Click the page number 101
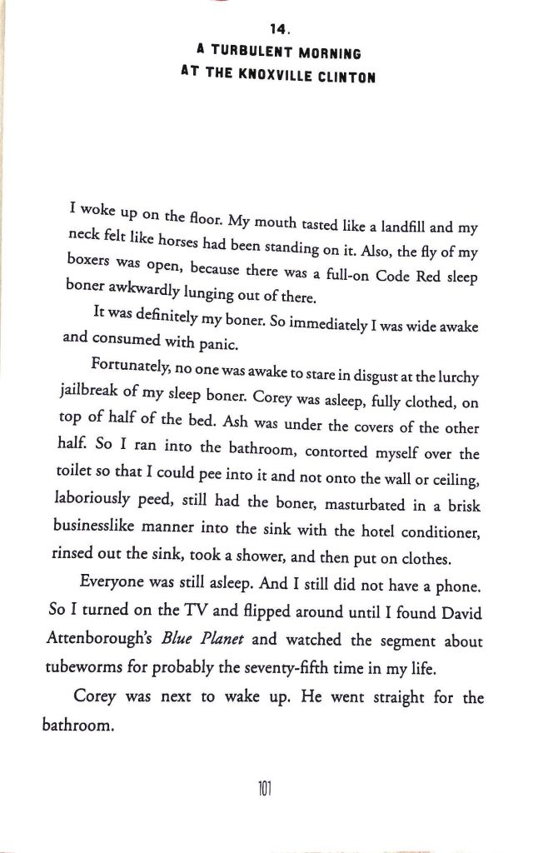point(268,786)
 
